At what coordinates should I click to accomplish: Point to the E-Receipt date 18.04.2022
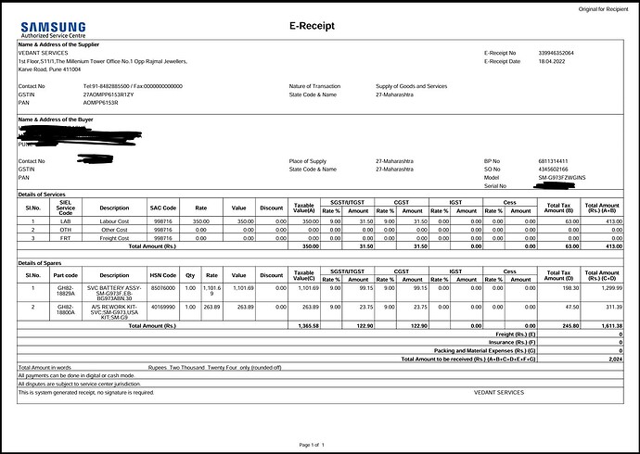(x=552, y=61)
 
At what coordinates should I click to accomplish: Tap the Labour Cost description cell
(x=114, y=221)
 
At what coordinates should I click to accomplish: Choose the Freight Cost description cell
(x=114, y=238)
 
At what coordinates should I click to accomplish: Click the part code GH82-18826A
(x=64, y=290)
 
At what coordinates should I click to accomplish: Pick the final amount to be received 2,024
(x=615, y=358)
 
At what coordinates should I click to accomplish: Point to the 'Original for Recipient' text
(x=603, y=8)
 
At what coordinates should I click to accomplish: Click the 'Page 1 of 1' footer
(x=313, y=446)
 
